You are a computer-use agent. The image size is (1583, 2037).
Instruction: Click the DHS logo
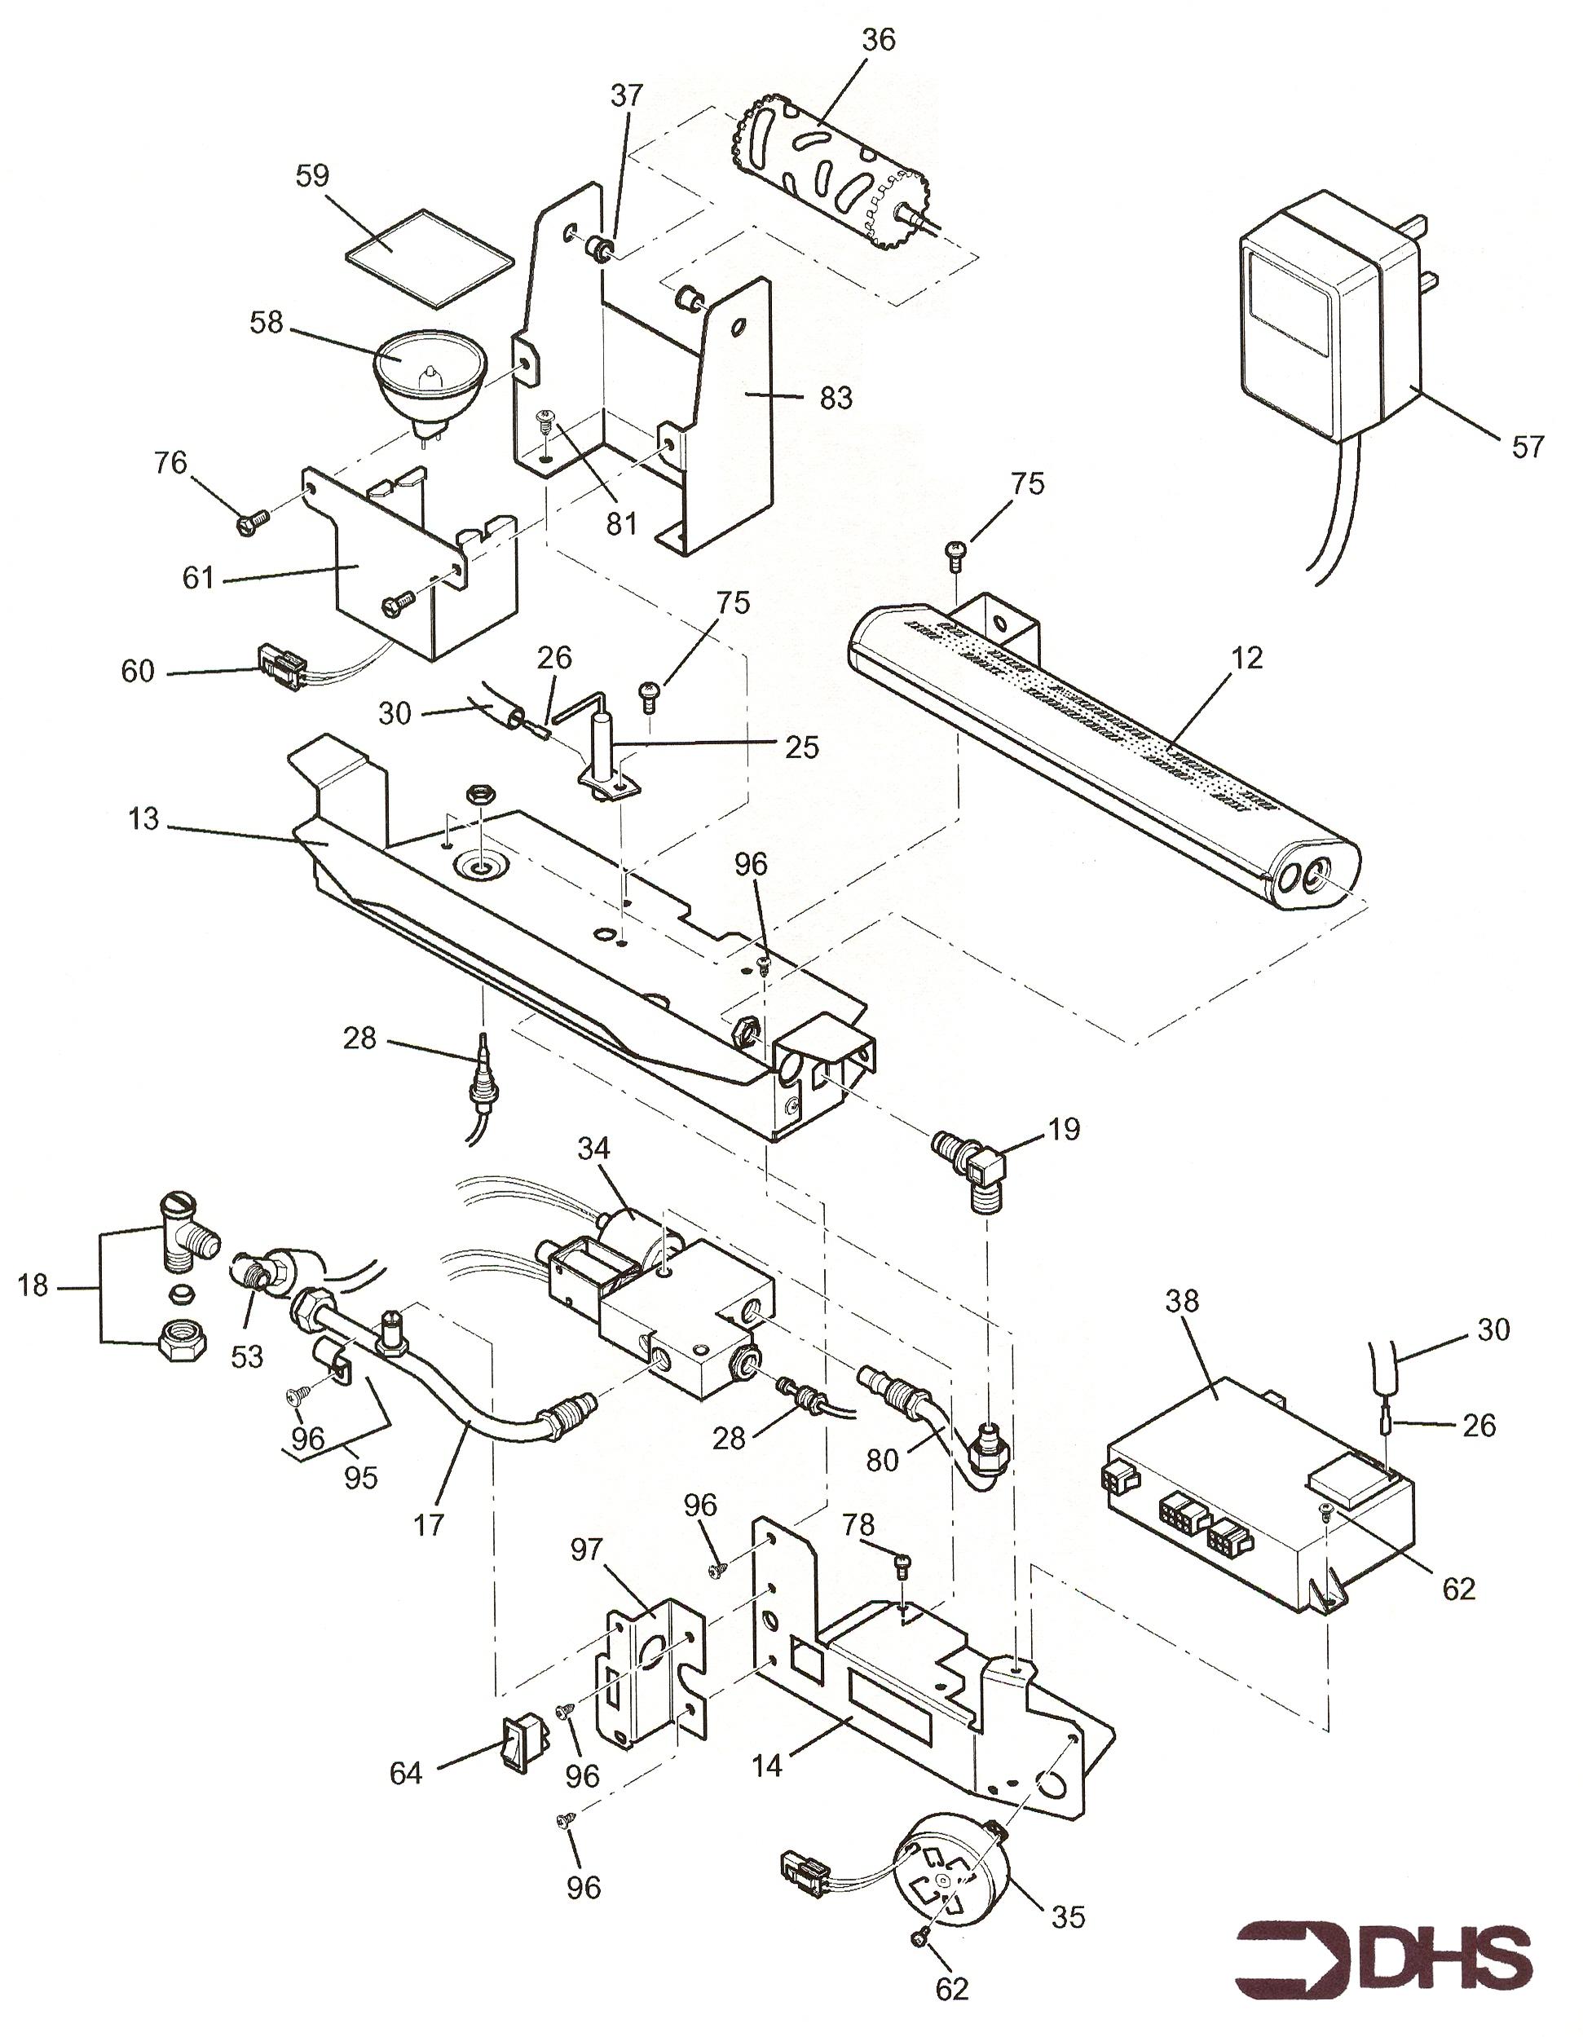tap(1384, 1952)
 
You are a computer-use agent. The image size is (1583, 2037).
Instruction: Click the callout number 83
tap(836, 399)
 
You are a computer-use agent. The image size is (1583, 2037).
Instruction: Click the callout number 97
tap(587, 1550)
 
